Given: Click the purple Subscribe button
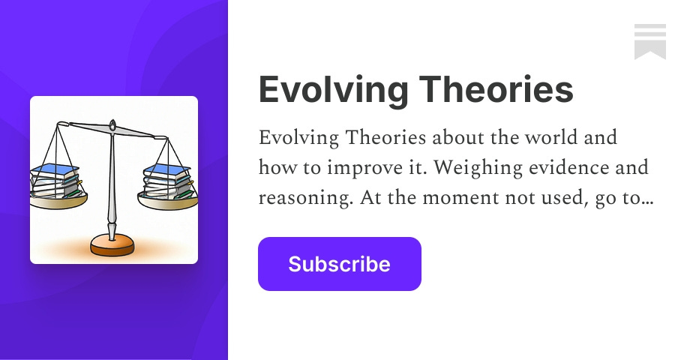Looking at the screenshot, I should coord(339,264).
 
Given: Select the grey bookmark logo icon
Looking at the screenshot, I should coord(649,41).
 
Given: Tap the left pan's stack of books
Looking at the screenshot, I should coord(55,181).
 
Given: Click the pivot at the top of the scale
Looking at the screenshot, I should coord(112,125).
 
